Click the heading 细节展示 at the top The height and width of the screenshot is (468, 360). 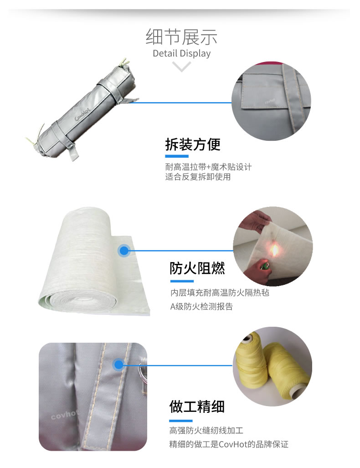pos(181,36)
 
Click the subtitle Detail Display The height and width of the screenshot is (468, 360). pos(181,53)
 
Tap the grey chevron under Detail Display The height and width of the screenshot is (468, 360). pos(182,67)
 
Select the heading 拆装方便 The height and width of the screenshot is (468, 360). pos(192,144)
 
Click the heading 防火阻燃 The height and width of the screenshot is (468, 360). pos(197,268)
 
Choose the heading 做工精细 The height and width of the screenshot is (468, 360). pos(197,406)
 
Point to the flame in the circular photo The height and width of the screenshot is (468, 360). pos(275,250)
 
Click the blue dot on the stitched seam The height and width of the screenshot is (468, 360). pos(118,365)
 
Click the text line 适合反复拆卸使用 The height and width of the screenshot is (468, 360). pos(198,177)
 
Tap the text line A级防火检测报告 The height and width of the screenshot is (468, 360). pos(201,307)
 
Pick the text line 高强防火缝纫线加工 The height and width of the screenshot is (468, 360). pos(206,430)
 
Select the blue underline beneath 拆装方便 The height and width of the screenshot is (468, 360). pos(176,156)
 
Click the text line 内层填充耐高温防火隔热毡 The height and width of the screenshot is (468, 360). pos(220,293)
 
